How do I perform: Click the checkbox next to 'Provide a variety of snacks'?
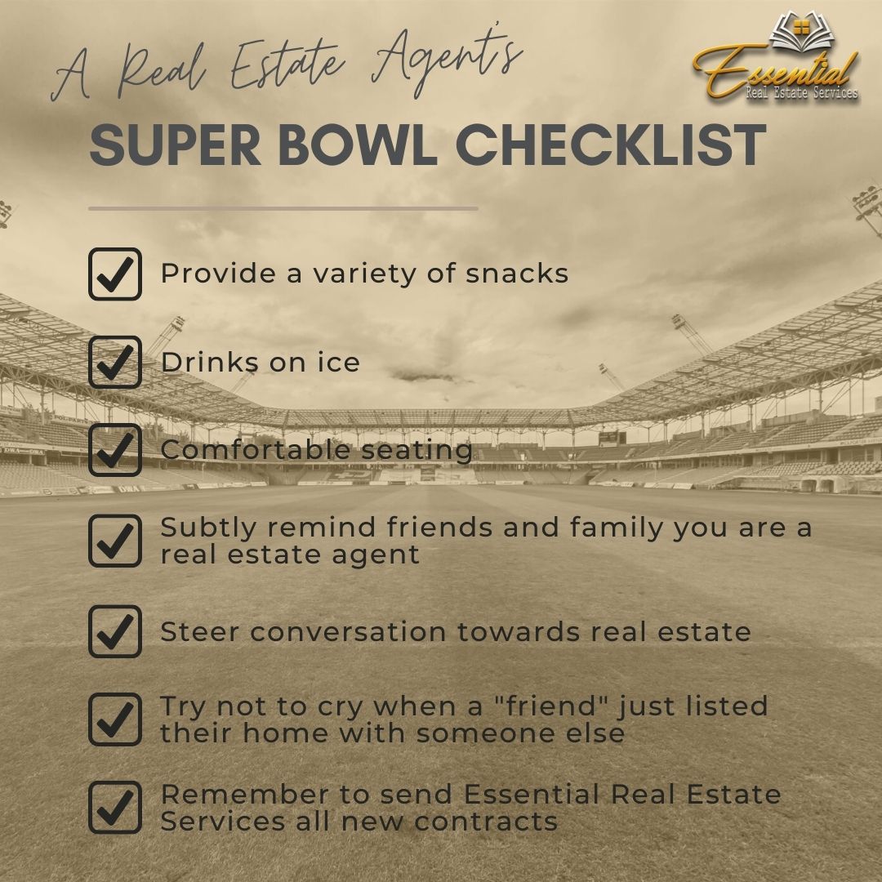[114, 274]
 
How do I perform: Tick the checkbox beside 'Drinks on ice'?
[114, 363]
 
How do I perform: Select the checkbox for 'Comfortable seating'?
[114, 450]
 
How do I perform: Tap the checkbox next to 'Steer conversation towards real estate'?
[114, 631]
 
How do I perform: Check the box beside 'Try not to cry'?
[114, 719]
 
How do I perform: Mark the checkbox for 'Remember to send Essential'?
[114, 807]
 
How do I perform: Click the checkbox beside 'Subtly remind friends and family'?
[114, 541]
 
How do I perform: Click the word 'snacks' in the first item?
[517, 274]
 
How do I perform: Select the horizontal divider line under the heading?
[283, 208]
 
